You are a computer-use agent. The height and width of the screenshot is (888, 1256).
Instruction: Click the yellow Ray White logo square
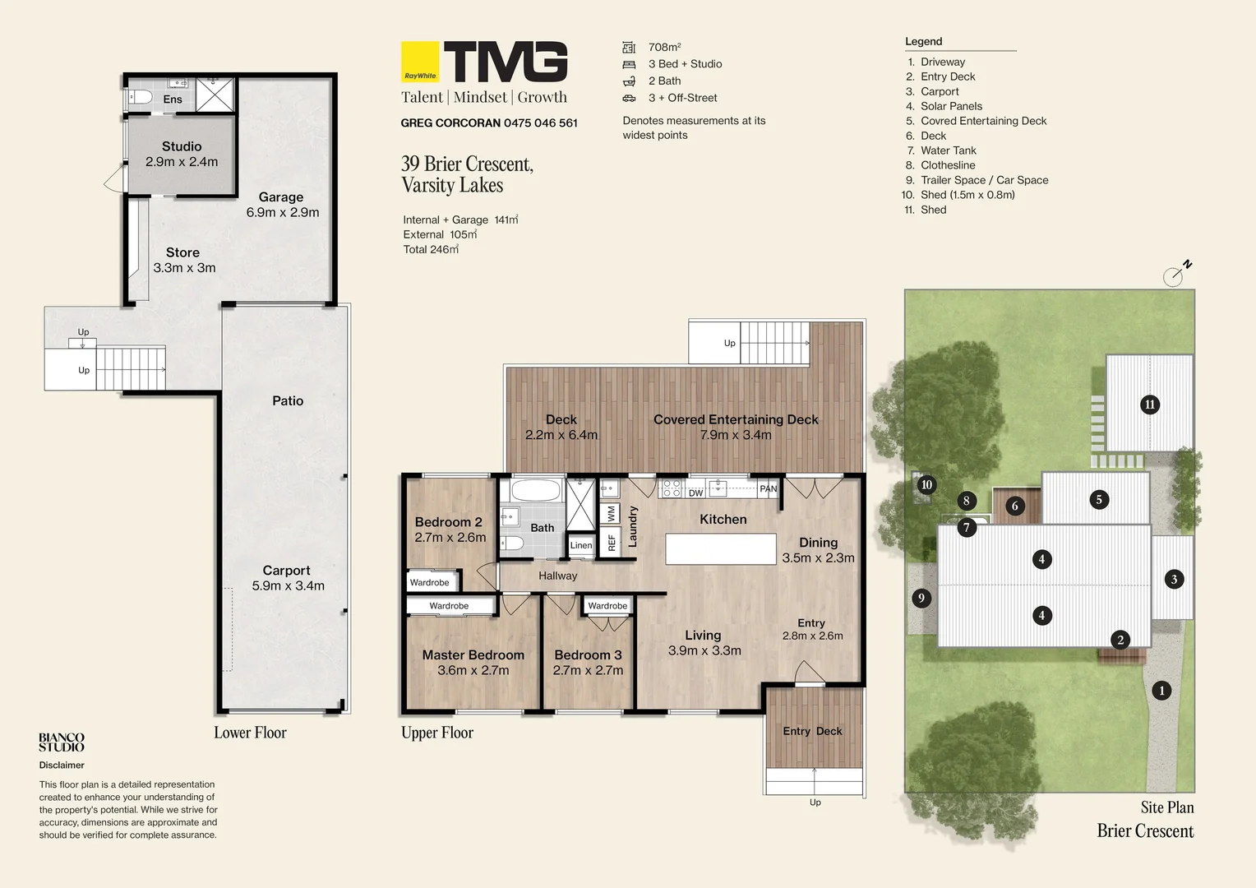click(420, 62)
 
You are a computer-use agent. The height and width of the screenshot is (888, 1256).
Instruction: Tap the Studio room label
click(182, 146)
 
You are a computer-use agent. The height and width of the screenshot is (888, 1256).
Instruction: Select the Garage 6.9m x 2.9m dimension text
click(283, 212)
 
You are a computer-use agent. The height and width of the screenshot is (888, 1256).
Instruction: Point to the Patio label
click(288, 400)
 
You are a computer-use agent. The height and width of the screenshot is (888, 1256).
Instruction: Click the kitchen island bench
click(721, 548)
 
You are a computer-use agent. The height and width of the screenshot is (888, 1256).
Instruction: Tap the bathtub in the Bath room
click(535, 490)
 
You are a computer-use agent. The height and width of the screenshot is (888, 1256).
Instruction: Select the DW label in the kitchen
click(695, 493)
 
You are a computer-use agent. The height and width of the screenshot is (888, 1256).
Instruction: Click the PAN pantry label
click(769, 488)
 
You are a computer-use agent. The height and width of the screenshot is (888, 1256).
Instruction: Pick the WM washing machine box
click(611, 513)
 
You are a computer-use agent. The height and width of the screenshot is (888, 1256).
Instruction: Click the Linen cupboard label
click(581, 545)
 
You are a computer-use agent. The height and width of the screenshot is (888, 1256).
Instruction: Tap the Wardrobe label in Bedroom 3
click(607, 606)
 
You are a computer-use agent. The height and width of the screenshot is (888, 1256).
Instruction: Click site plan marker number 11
click(1150, 405)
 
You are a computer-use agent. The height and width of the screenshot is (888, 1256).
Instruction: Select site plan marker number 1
click(1161, 691)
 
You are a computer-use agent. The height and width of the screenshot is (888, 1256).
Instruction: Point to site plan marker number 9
click(921, 598)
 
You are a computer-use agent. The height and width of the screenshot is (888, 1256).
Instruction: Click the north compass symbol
click(1177, 273)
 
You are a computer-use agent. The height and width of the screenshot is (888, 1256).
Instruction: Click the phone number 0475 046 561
click(541, 123)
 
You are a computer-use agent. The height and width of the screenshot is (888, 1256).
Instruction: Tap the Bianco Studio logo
click(62, 742)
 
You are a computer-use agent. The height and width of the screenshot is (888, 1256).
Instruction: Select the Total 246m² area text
click(431, 249)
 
